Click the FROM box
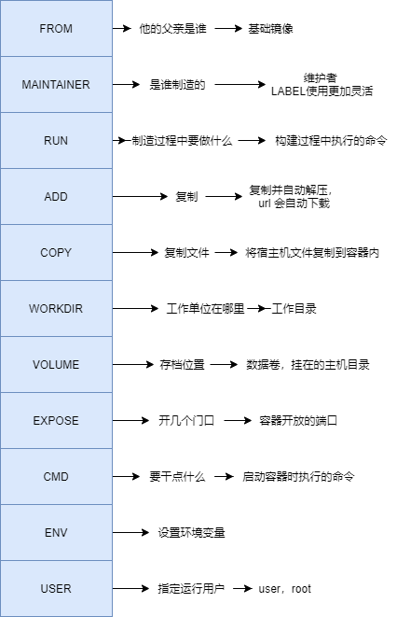[56, 28]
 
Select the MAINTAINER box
[56, 84]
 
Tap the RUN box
[56, 140]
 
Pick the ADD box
[56, 197]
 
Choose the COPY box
[56, 253]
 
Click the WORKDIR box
[56, 309]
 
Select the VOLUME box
[56, 365]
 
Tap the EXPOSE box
[56, 421]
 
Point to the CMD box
[56, 477]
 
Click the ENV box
[56, 533]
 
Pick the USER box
[56, 589]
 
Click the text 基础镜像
[270, 29]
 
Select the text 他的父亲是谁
[171, 29]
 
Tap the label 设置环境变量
[191, 533]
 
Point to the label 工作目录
[295, 309]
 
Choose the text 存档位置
[181, 365]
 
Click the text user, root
[285, 589]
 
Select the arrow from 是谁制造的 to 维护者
[240, 85]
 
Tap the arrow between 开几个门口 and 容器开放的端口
[239, 421]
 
